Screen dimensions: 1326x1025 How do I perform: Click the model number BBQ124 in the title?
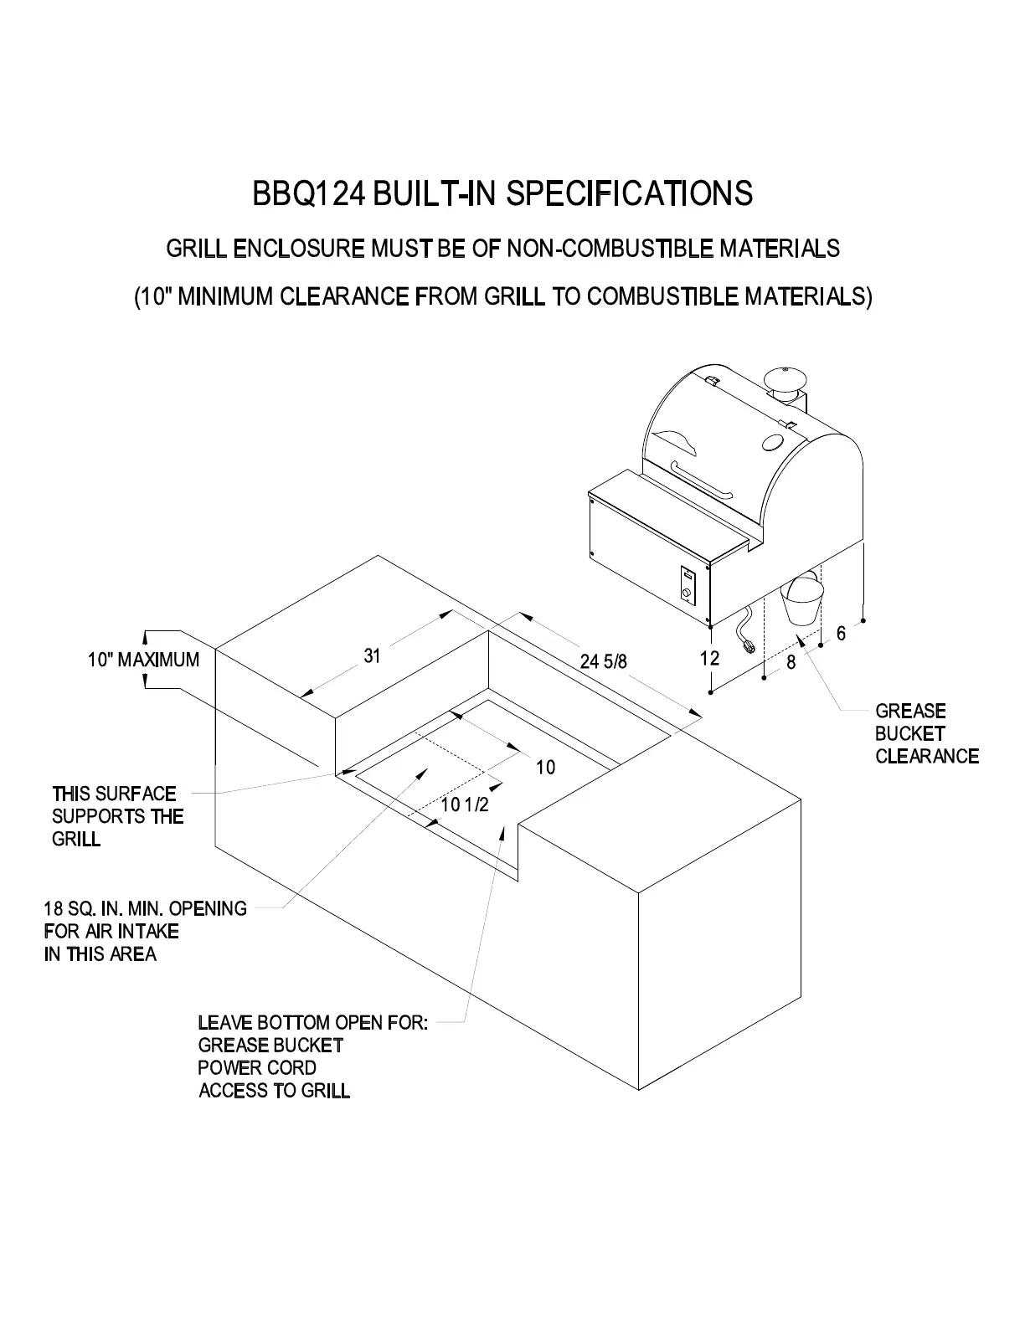(308, 193)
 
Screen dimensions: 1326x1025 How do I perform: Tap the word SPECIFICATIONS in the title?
(631, 193)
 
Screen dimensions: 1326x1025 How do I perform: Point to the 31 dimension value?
(372, 656)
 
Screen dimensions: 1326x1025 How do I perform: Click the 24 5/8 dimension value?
(603, 662)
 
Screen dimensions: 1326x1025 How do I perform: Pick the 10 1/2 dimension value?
(464, 805)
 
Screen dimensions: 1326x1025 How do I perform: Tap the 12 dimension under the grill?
(709, 658)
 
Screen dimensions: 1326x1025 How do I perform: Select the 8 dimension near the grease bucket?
(791, 662)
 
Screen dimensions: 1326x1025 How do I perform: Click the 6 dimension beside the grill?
(841, 634)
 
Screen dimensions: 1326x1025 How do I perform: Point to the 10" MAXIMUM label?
(144, 660)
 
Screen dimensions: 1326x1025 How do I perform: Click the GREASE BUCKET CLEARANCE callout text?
(926, 733)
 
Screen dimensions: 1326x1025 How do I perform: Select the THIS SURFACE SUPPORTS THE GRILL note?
(116, 816)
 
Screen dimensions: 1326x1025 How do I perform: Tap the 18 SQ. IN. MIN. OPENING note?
(145, 909)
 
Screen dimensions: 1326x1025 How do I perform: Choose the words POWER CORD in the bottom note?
(257, 1068)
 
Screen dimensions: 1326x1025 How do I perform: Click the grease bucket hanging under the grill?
(801, 601)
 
